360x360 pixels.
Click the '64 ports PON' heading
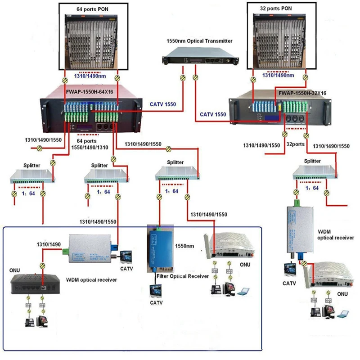click(x=92, y=8)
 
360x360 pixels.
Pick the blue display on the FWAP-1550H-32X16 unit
click(x=272, y=118)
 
